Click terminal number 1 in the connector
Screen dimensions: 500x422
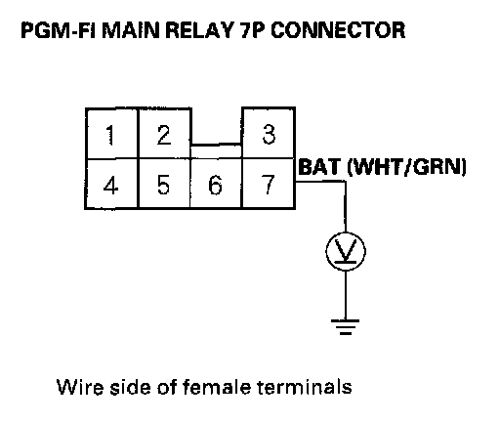click(x=111, y=134)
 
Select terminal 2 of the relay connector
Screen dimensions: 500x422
click(x=164, y=134)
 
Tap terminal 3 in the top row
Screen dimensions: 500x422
click(x=269, y=134)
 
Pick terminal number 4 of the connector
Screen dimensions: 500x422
click(x=111, y=184)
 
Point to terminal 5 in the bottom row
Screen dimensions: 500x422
click(x=164, y=184)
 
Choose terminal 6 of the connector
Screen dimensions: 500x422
click(x=216, y=184)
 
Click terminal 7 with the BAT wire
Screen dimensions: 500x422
click(x=269, y=184)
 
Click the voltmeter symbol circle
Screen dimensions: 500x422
click(x=346, y=251)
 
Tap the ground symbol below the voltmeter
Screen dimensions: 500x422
click(x=346, y=327)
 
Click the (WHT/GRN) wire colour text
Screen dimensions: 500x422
click(x=407, y=167)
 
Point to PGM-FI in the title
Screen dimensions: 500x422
click(x=58, y=30)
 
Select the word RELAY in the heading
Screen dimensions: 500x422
click(x=199, y=30)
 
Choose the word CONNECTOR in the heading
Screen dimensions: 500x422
click(x=338, y=30)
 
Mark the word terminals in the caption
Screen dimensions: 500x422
click(x=305, y=387)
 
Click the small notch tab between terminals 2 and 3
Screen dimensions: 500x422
click(x=216, y=151)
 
